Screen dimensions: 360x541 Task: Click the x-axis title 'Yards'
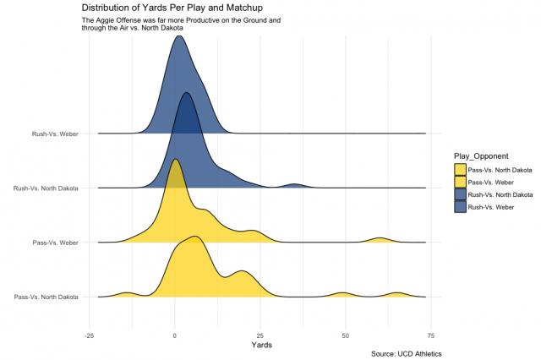pyautogui.click(x=258, y=345)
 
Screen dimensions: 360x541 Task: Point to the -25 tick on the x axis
pyautogui.click(x=90, y=334)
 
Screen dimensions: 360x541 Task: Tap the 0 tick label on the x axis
pyautogui.click(x=174, y=334)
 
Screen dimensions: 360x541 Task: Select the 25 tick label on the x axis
pyautogui.click(x=260, y=334)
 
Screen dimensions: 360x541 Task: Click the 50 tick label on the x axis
pyautogui.click(x=345, y=334)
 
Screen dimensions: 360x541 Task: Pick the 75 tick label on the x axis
pyautogui.click(x=430, y=334)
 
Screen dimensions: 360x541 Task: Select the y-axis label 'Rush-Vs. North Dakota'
pyautogui.click(x=46, y=188)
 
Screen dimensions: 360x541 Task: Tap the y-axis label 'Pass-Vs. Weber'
pyautogui.click(x=55, y=243)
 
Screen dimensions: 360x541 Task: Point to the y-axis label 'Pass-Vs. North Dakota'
pyautogui.click(x=46, y=297)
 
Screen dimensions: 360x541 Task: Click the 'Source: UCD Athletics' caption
pyautogui.click(x=406, y=353)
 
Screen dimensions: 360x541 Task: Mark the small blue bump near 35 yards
pyautogui.click(x=294, y=185)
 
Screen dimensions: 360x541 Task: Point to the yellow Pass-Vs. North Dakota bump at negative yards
pyautogui.click(x=127, y=294)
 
